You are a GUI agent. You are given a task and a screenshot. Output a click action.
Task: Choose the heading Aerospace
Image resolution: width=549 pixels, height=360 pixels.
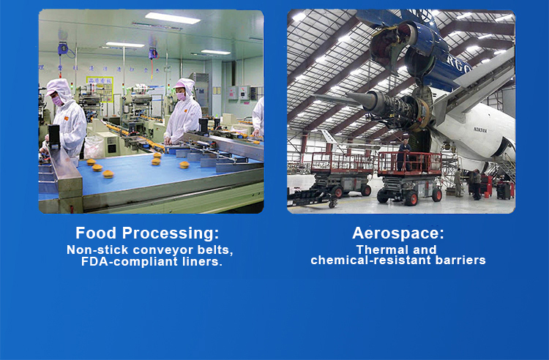[x=398, y=233]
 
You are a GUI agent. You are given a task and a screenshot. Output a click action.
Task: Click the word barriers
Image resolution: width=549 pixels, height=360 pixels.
[x=460, y=260]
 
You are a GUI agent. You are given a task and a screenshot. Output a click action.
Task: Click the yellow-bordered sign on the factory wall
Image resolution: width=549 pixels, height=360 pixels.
[x=100, y=89]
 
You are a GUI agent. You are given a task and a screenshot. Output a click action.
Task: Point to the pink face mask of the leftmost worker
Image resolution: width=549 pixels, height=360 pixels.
[x=57, y=101]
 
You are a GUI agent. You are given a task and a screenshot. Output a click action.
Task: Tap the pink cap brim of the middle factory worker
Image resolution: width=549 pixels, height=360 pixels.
[x=178, y=86]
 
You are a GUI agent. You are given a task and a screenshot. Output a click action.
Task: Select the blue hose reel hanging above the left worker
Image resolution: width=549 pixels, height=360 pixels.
[x=63, y=48]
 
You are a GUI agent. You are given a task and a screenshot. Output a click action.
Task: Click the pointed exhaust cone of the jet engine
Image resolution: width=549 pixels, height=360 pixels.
[x=360, y=99]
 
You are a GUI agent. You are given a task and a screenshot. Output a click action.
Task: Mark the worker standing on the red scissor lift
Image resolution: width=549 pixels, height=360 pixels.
[x=404, y=154]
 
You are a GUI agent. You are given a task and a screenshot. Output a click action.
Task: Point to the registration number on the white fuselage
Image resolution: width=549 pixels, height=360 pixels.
[x=480, y=130]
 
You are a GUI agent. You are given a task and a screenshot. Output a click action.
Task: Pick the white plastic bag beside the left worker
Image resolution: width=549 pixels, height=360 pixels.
[x=94, y=147]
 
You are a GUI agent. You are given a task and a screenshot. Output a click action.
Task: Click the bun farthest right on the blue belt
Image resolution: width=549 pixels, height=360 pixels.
[x=184, y=165]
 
